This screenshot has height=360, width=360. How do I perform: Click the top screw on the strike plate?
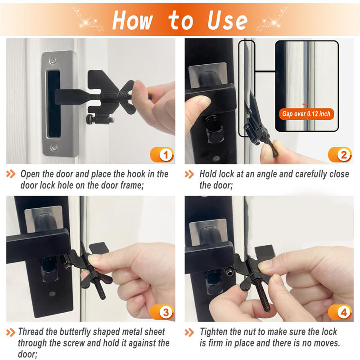(x=54, y=60)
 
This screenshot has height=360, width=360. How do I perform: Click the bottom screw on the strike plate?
(x=54, y=147)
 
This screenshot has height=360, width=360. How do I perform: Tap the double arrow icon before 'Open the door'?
(x=12, y=174)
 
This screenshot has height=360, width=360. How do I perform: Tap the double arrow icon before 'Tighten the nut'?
(x=190, y=332)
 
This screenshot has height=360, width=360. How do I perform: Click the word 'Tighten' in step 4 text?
(x=215, y=332)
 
